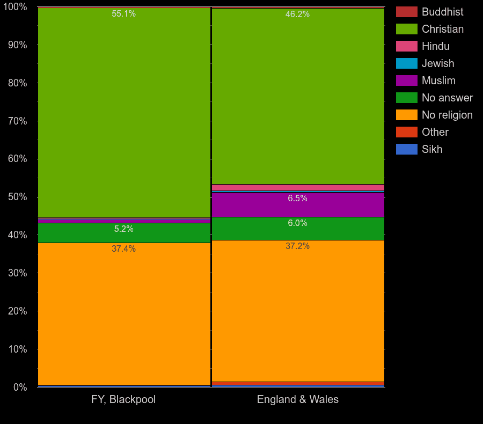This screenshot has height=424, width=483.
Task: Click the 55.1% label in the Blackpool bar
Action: coord(123,14)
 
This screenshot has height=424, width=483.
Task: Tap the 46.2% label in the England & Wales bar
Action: coord(297,14)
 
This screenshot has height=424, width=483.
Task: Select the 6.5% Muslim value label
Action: coord(297,199)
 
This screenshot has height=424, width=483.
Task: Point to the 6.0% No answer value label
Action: coord(297,223)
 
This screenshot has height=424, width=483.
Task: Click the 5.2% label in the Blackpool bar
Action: coord(123,229)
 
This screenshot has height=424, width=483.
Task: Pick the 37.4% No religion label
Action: coord(123,249)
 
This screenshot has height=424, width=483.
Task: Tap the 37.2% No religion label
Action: coord(297,246)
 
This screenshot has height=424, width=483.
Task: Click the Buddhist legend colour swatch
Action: coord(406,12)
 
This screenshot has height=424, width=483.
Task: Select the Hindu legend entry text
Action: coord(435,46)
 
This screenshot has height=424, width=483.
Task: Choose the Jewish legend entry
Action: coord(437,63)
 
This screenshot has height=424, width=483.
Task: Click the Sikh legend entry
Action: coord(432,149)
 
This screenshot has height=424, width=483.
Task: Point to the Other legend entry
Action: coord(435,132)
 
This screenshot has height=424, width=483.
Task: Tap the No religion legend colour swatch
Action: coord(406,115)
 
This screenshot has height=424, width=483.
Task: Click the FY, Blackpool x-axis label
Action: coord(123,400)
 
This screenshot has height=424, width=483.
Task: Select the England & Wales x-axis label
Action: coord(297,400)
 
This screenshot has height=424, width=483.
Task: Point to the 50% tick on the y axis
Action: coord(17,197)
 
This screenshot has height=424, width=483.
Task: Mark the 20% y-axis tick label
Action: coord(17,311)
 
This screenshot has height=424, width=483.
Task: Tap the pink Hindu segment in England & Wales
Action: coord(297,187)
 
